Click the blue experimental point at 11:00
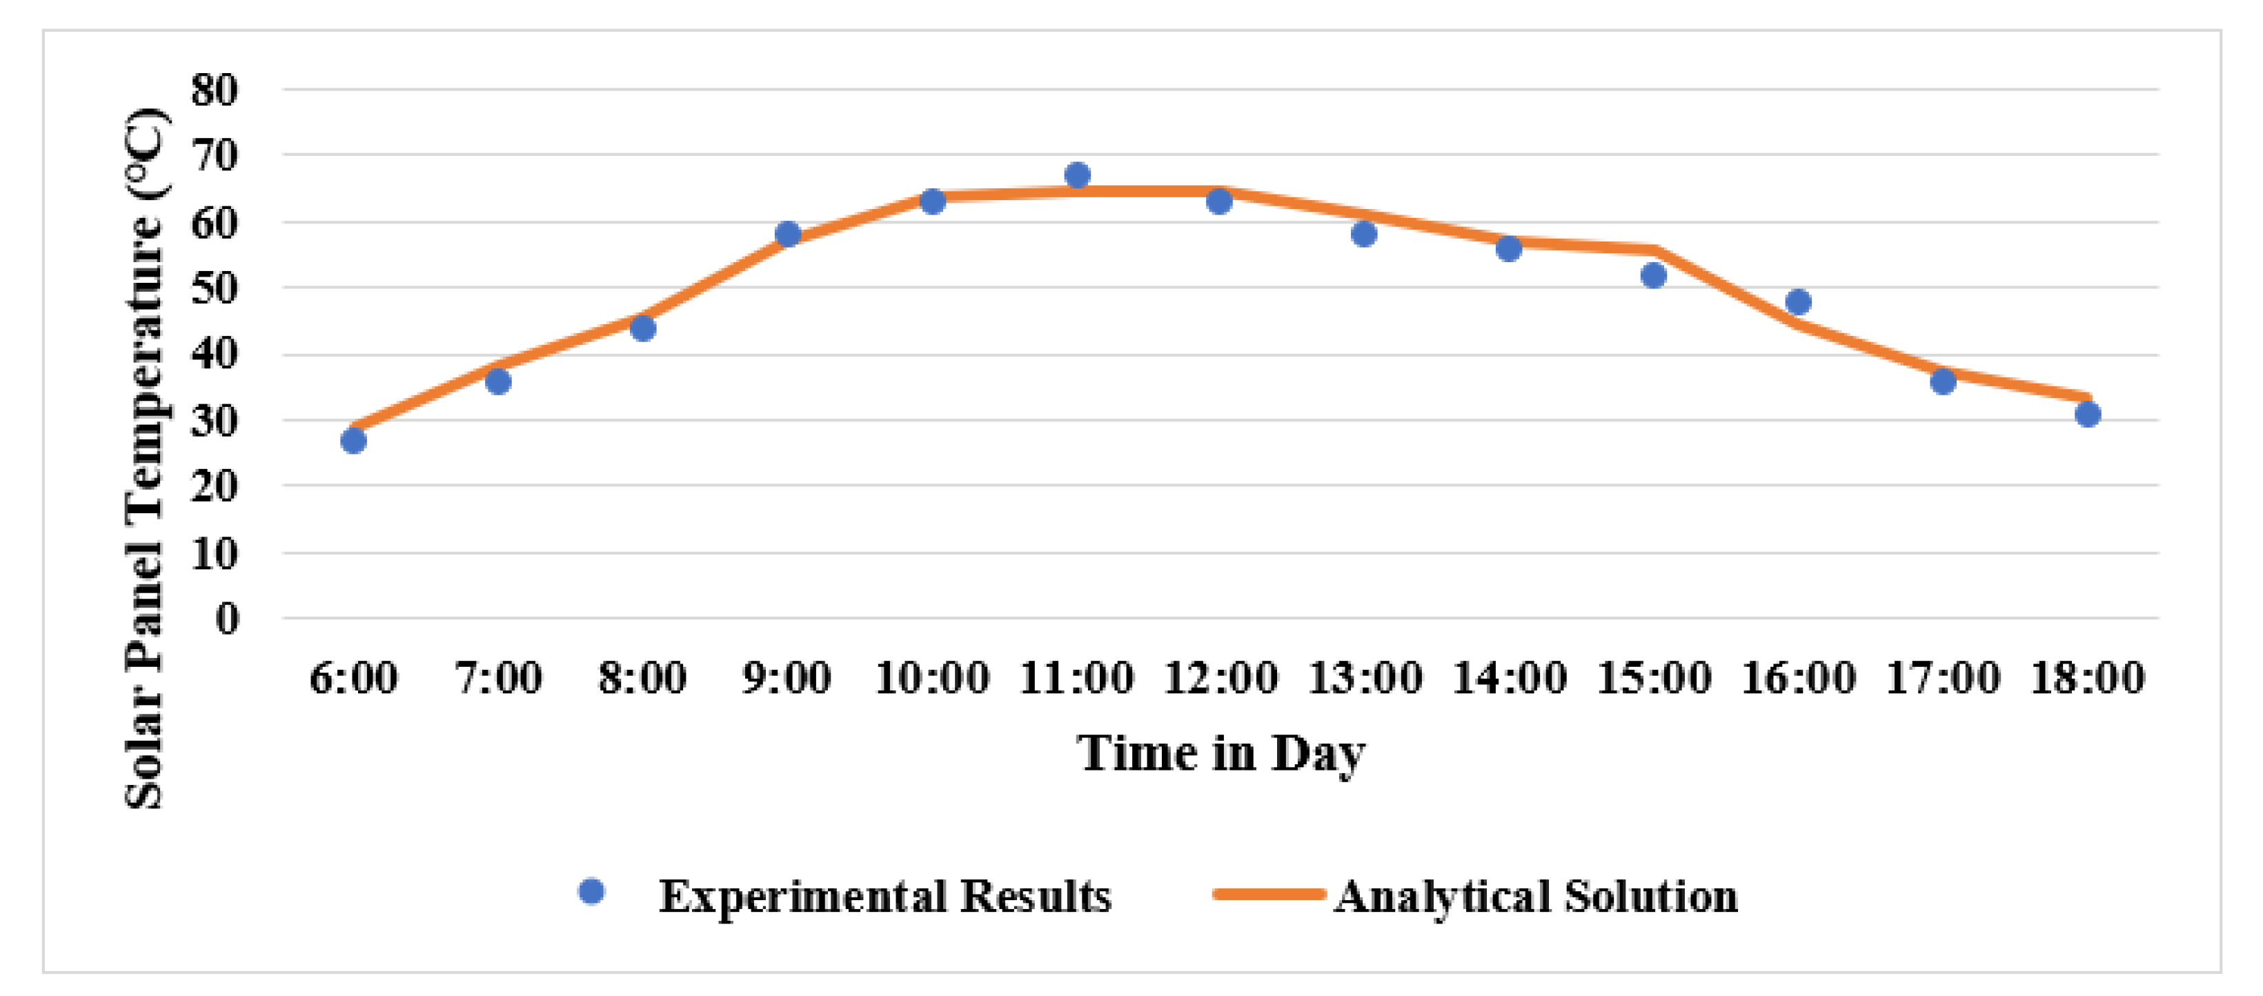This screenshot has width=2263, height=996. click(1077, 175)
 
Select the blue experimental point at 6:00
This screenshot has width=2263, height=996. click(353, 440)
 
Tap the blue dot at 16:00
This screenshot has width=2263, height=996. click(1798, 302)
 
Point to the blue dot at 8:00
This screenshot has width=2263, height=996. click(643, 328)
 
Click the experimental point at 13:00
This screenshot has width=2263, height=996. click(1363, 235)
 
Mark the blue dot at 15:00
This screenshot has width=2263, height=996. click(1653, 276)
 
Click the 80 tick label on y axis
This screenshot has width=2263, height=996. click(215, 90)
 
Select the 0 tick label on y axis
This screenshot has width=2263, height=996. click(228, 619)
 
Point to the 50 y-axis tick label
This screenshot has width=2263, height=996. click(215, 288)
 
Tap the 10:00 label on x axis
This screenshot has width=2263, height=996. click(932, 678)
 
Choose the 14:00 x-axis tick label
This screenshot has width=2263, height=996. click(1510, 678)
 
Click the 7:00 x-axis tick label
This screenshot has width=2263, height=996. click(498, 678)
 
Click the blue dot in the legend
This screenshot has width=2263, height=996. click(592, 891)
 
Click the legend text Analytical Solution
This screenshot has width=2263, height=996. click(1536, 897)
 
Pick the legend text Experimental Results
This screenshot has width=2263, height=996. click(885, 897)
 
